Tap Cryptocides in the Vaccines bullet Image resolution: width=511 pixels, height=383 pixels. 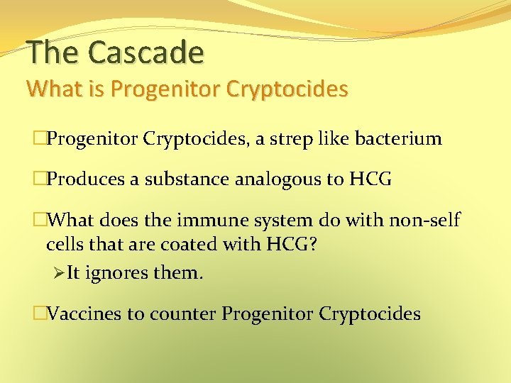pyautogui.click(x=370, y=313)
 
